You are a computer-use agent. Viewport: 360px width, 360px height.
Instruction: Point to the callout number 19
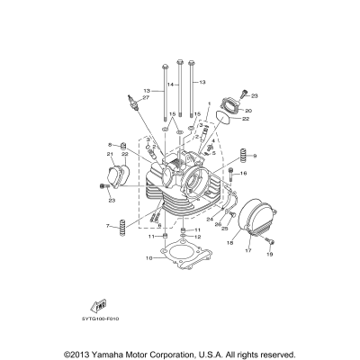click(268, 256)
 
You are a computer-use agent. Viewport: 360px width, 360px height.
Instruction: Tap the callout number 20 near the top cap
click(249, 111)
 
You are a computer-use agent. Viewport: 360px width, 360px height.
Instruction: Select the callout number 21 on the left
click(111, 154)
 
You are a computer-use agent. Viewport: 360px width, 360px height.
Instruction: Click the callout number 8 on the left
click(110, 144)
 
